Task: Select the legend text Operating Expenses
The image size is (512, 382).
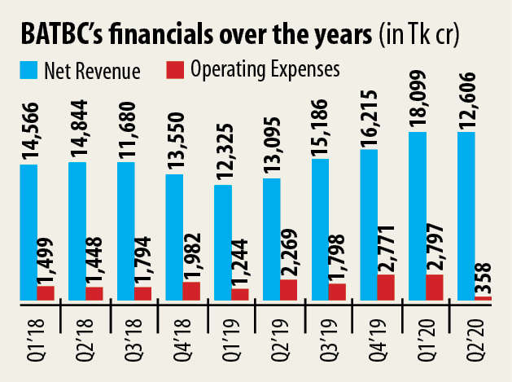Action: [x=264, y=70]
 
